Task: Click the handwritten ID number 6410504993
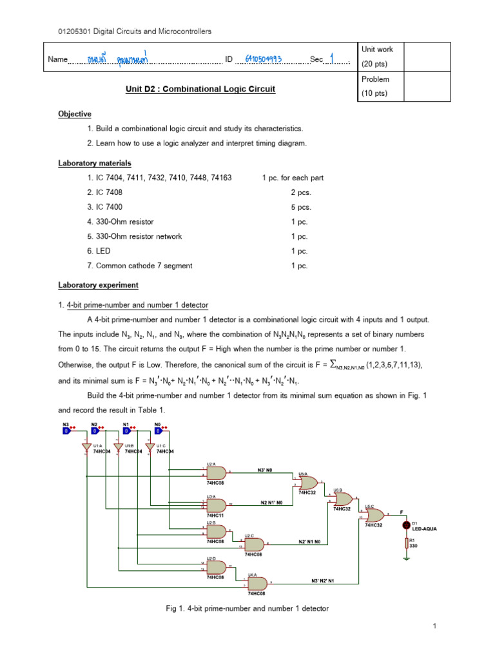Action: click(x=262, y=59)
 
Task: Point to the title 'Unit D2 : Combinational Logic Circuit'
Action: click(x=200, y=89)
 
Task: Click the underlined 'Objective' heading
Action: click(x=75, y=114)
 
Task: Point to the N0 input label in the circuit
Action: click(x=157, y=425)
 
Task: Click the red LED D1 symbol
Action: click(x=406, y=525)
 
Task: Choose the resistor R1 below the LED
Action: click(x=406, y=544)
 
